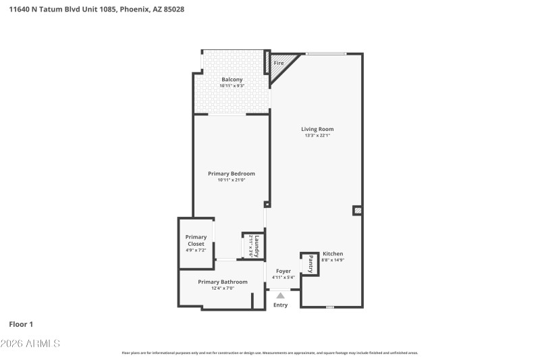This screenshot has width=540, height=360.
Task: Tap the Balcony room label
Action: click(x=232, y=80)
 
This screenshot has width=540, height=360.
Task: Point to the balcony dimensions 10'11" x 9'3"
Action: click(x=232, y=86)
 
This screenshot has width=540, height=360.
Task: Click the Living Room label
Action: click(x=317, y=129)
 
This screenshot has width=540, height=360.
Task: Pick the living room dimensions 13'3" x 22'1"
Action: click(x=317, y=136)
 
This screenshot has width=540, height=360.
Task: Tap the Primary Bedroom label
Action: click(x=232, y=174)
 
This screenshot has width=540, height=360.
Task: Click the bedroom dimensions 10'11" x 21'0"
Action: click(x=232, y=180)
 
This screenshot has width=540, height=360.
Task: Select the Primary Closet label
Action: click(x=196, y=240)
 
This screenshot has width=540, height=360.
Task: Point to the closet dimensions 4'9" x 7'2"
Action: click(x=196, y=251)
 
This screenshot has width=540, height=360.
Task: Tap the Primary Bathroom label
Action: click(x=222, y=282)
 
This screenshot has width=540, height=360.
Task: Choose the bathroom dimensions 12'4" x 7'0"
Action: click(x=222, y=288)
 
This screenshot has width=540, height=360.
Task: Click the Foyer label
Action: click(x=283, y=271)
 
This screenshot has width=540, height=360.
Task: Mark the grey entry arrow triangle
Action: click(x=280, y=294)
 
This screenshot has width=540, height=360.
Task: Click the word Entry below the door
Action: click(x=280, y=305)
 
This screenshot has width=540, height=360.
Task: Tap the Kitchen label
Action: click(x=332, y=254)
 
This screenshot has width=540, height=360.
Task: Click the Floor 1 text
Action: click(x=21, y=324)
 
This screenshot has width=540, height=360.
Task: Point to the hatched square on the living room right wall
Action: click(x=357, y=211)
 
